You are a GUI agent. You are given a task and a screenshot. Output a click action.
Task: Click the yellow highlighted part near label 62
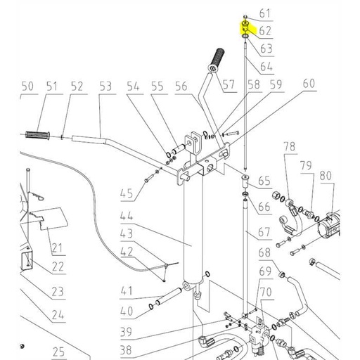coord(245,27)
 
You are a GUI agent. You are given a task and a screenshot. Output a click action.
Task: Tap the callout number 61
coord(264,13)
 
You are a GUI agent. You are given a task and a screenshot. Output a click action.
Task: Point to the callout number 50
coord(27,86)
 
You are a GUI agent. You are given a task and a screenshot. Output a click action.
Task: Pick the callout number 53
coord(105,86)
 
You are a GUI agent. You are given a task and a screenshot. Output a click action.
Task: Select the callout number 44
coord(126,216)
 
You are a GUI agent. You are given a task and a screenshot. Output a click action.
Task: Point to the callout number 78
coord(290,146)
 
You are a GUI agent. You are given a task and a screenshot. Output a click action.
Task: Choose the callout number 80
coord(326,175)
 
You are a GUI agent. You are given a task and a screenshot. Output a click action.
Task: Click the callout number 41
coord(126,291)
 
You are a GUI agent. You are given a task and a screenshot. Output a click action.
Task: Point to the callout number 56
coord(181,86)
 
